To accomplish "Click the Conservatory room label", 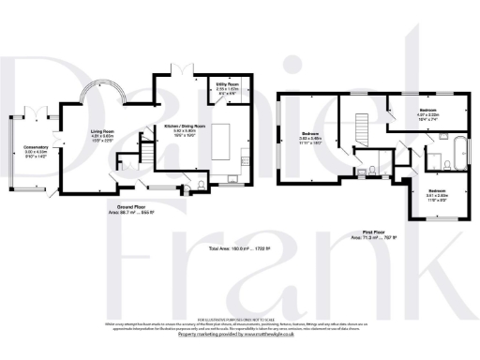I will pyautogui.click(x=37, y=147).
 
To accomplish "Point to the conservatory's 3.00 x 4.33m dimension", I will pyautogui.click(x=37, y=153).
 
